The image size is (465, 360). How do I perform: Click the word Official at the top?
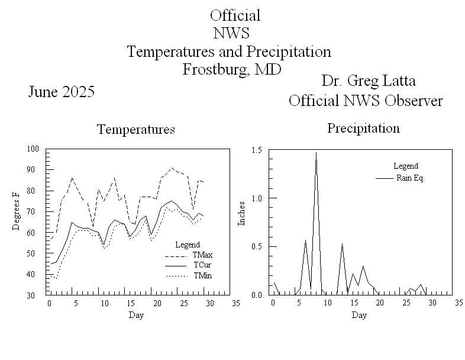(x=235, y=15)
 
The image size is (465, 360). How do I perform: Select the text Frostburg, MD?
(x=231, y=69)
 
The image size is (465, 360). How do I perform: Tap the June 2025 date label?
(x=62, y=92)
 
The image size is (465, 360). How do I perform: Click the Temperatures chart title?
(x=136, y=130)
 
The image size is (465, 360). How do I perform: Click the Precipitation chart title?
(x=363, y=128)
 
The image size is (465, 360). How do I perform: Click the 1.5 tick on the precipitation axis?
(x=257, y=149)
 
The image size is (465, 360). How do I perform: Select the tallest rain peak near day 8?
(x=316, y=153)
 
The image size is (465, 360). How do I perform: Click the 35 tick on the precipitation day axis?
(x=458, y=303)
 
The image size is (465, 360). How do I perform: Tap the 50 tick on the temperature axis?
(x=34, y=253)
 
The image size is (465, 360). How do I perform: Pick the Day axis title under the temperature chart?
(x=136, y=315)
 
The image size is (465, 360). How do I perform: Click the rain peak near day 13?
(x=342, y=244)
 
